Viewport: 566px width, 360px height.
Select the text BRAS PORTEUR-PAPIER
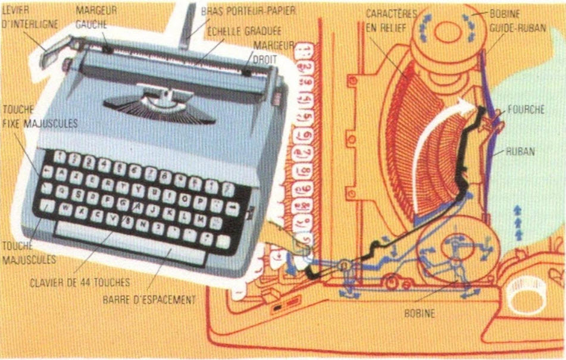pyautogui.click(x=248, y=11)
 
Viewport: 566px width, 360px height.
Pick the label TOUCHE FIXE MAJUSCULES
pyautogui.click(x=39, y=117)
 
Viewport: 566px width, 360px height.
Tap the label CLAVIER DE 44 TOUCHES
pyautogui.click(x=79, y=283)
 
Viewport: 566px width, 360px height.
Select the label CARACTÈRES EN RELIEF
pyautogui.click(x=392, y=19)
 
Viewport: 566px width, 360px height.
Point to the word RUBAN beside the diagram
pyautogui.click(x=520, y=151)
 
